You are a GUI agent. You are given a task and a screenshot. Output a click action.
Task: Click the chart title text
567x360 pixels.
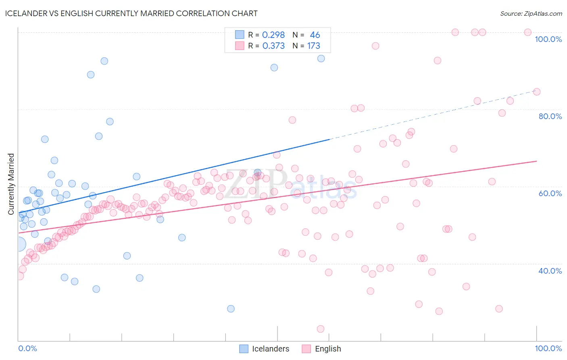point(131,13)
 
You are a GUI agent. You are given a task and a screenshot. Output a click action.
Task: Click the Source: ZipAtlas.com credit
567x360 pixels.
point(531,13)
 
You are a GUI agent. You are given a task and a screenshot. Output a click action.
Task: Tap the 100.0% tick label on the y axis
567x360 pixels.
point(548,39)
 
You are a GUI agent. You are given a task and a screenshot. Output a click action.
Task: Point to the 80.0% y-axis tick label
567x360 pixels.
point(550,116)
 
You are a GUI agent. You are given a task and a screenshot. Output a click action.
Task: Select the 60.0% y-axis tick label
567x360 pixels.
point(550,193)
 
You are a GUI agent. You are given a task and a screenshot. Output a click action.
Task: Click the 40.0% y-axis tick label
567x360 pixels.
point(550,271)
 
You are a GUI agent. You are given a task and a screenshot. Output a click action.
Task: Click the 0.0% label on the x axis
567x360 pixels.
point(27,348)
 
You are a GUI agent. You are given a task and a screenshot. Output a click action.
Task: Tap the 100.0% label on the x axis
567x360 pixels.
point(548,348)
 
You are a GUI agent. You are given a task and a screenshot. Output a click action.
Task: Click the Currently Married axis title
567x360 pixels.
point(11,184)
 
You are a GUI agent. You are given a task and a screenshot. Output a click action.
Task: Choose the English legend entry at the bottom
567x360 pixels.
point(327,349)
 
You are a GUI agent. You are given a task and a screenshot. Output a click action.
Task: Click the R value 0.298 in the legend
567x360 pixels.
point(273,35)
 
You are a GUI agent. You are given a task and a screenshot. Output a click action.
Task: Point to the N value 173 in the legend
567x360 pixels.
point(313,46)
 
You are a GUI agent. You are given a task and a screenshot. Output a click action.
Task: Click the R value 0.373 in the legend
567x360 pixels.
point(273,46)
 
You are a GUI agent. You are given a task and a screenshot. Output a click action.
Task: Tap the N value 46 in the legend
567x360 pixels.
point(315,35)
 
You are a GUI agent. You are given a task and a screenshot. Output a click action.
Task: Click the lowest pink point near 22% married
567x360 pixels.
point(321,329)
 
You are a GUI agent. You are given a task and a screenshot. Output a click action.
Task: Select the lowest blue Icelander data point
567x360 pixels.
point(231,309)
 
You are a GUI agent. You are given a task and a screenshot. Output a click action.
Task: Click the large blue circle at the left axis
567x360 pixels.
point(19,244)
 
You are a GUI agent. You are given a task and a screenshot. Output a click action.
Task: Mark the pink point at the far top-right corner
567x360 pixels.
point(527,32)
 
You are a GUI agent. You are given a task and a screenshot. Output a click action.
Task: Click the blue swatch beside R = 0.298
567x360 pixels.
point(240,35)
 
